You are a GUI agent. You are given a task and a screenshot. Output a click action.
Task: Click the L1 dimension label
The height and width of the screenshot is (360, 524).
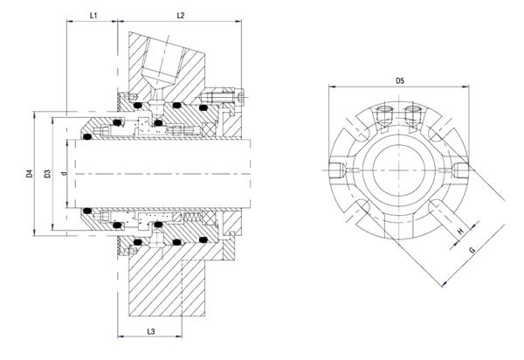pyautogui.click(x=93, y=16)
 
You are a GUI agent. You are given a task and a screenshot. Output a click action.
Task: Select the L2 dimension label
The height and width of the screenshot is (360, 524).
pyautogui.click(x=181, y=16)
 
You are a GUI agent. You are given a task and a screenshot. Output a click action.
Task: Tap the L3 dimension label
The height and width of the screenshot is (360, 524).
pyautogui.click(x=151, y=331)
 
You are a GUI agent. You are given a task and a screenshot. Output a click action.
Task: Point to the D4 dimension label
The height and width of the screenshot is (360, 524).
pyautogui.click(x=30, y=174)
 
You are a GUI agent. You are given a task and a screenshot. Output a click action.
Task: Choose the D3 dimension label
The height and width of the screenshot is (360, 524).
pyautogui.click(x=48, y=174)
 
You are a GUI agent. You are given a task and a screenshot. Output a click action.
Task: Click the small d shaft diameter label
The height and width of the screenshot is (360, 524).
pyautogui.click(x=64, y=173)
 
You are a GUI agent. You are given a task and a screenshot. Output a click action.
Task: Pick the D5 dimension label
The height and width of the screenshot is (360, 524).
pyautogui.click(x=400, y=80)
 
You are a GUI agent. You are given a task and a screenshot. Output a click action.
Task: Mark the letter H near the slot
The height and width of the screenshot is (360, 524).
pyautogui.click(x=460, y=231)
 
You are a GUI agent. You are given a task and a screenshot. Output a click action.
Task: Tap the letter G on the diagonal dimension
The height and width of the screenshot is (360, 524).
pyautogui.click(x=472, y=249)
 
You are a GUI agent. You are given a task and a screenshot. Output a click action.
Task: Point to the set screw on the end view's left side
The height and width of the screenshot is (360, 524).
pyautogui.click(x=337, y=170)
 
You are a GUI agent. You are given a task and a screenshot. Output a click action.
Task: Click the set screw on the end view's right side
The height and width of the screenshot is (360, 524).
pyautogui.click(x=460, y=170)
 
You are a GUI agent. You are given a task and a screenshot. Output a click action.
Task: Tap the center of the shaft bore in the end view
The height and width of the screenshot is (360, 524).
pyautogui.click(x=399, y=170)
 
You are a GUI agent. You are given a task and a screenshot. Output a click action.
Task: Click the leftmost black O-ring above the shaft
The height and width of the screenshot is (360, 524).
pyautogui.click(x=87, y=136)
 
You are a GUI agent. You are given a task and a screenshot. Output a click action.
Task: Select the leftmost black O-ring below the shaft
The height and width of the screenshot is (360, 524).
pyautogui.click(x=87, y=211)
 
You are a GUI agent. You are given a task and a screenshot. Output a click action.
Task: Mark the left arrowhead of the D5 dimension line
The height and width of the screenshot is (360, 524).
pyautogui.click(x=332, y=87)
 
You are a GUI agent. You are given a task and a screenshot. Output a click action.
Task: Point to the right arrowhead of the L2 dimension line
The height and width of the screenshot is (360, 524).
pyautogui.click(x=238, y=21)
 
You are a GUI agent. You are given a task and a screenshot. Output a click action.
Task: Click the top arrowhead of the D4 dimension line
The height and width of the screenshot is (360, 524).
pyautogui.click(x=34, y=115)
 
